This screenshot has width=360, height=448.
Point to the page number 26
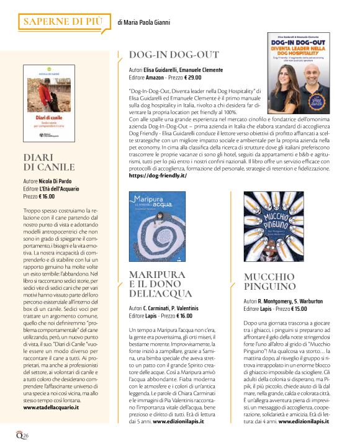click(25, 434)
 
